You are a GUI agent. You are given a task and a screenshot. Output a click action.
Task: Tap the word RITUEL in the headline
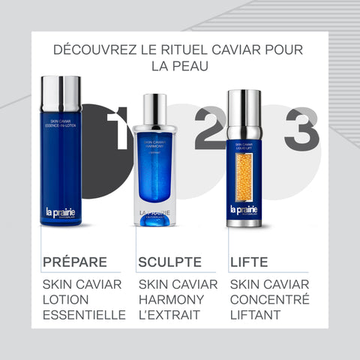click(x=190, y=51)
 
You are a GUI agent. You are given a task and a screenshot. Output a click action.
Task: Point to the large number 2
click(x=209, y=128)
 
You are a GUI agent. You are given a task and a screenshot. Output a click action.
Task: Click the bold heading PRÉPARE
click(x=75, y=262)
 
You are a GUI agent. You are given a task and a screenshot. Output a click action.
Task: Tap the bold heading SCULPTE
click(x=169, y=262)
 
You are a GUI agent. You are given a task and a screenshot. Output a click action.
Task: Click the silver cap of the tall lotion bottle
click(x=61, y=92)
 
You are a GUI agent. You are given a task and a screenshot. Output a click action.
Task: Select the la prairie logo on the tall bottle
click(x=61, y=214)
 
